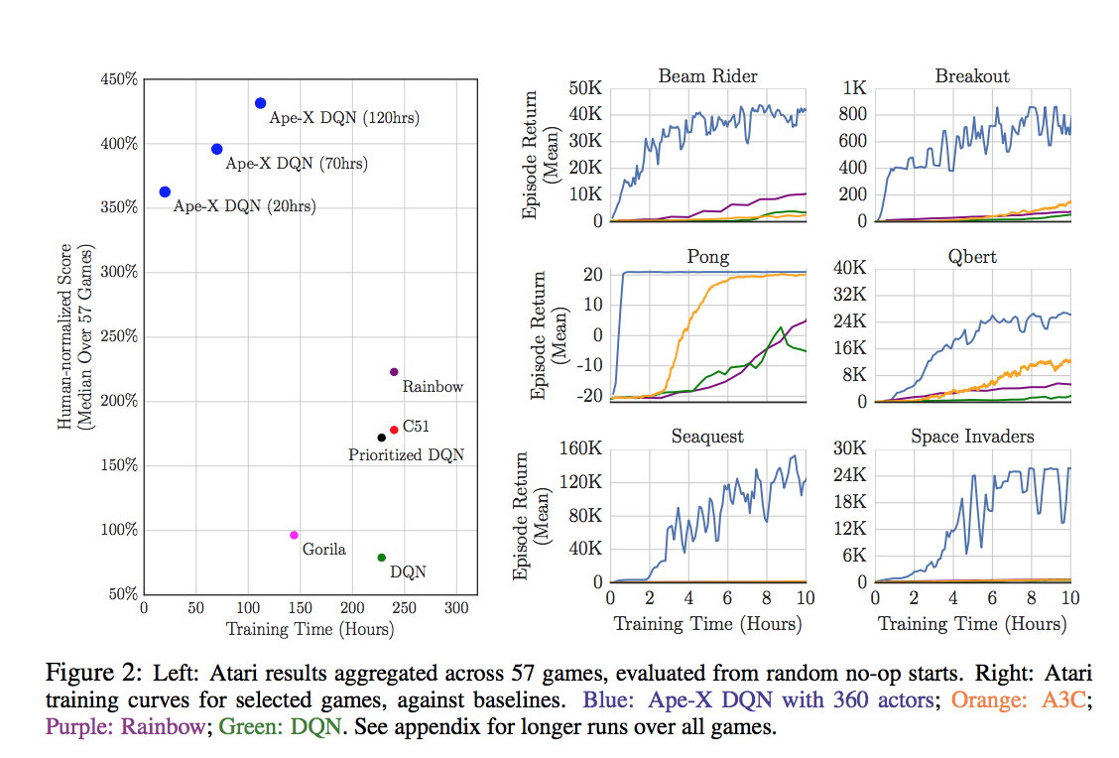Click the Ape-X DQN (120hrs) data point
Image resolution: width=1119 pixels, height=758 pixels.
260,103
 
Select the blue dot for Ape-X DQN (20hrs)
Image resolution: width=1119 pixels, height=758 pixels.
165,191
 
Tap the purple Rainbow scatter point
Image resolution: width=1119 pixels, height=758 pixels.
394,372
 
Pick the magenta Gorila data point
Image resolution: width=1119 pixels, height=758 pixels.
294,535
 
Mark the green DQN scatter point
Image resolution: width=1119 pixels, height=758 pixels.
382,558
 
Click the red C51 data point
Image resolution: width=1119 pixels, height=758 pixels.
394,430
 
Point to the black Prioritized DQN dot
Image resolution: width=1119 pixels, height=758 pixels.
382,438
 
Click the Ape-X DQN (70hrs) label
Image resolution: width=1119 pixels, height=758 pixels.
281,164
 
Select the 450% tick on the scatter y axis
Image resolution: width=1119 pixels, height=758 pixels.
119,79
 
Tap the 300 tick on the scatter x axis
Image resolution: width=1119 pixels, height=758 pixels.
456,608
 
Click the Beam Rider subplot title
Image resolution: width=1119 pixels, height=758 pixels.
707,76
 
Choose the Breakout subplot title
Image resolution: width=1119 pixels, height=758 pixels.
972,76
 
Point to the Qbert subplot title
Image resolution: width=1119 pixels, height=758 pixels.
972,257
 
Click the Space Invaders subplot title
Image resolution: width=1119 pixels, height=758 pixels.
972,437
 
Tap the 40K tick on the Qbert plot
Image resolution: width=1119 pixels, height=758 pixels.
849,268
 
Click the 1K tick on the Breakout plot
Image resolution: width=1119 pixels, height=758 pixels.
855,87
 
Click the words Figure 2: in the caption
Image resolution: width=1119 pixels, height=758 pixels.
94,673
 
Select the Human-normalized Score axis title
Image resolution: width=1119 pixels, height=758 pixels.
65,336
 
